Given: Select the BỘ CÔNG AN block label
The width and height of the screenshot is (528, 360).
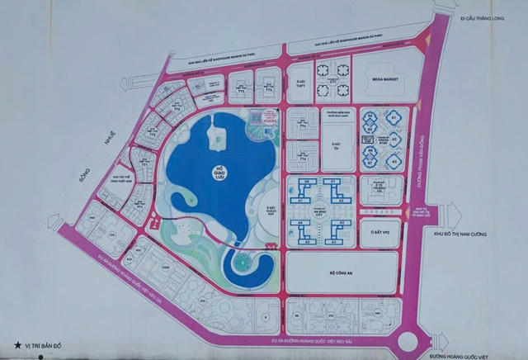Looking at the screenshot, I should [338, 271].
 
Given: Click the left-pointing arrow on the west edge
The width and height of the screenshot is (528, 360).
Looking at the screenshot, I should [54, 222].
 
